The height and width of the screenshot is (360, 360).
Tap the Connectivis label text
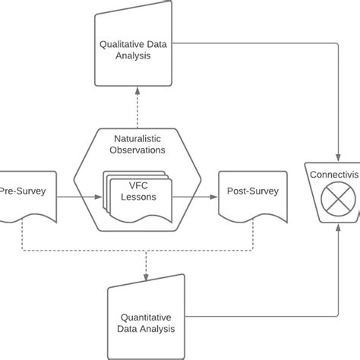point(335,175)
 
